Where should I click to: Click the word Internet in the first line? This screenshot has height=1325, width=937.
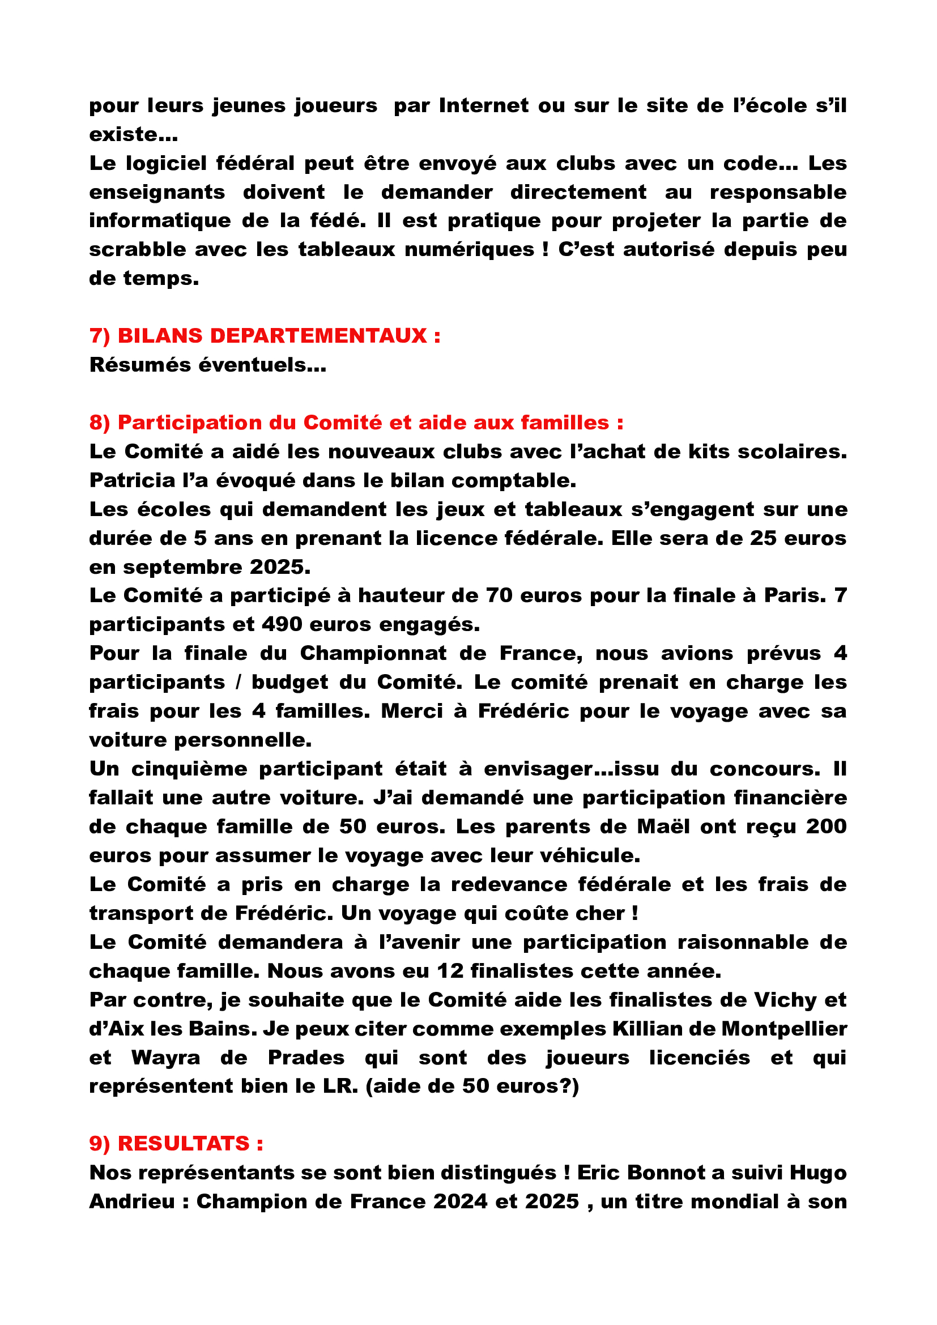click(x=483, y=105)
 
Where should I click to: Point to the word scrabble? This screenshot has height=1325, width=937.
click(x=138, y=250)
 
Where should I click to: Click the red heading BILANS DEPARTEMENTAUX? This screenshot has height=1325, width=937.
click(x=272, y=336)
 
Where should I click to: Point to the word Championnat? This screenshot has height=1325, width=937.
click(x=373, y=653)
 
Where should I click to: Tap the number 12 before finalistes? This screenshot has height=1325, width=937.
click(x=450, y=971)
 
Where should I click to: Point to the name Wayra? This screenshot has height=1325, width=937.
click(x=165, y=1057)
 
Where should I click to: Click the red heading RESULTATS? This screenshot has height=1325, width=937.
click(x=184, y=1144)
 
